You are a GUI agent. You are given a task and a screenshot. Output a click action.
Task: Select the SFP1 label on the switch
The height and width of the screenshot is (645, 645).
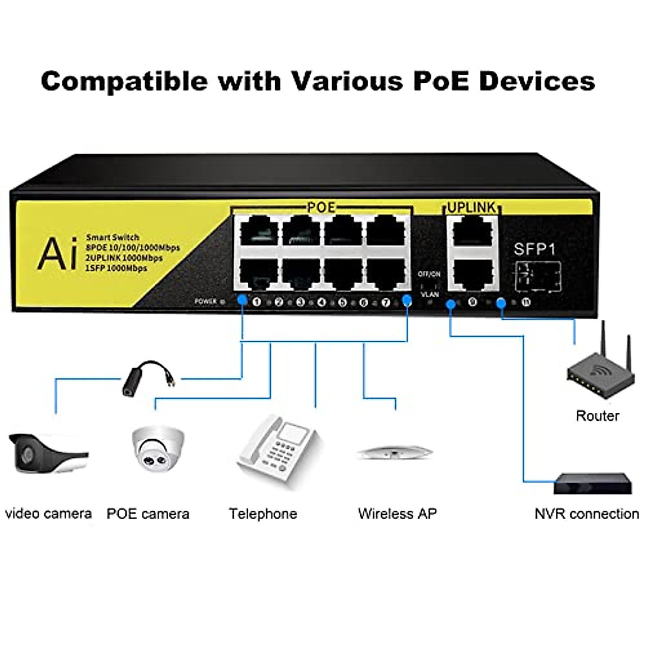coord(534,249)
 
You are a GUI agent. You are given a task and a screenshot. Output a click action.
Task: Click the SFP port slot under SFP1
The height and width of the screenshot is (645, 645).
coord(538,276)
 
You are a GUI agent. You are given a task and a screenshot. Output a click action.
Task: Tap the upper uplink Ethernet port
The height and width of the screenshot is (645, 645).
coord(472,233)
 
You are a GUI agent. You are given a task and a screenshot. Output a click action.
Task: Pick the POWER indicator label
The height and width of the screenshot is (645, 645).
coord(206,302)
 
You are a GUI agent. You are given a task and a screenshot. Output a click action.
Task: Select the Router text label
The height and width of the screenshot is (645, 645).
coord(597,415)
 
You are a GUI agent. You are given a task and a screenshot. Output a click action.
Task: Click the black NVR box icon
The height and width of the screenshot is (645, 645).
coord(593,483)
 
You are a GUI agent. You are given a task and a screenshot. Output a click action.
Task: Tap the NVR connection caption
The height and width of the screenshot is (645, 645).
coord(586,514)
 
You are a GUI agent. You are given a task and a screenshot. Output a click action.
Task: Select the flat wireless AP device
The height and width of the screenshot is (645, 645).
coord(395,453)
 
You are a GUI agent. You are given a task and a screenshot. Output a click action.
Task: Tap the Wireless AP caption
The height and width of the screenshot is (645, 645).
coord(397,514)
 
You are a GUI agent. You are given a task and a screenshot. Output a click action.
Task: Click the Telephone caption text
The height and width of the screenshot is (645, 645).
coord(263,514)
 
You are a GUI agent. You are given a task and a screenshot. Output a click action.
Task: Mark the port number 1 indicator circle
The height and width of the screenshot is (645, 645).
coord(256,302)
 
